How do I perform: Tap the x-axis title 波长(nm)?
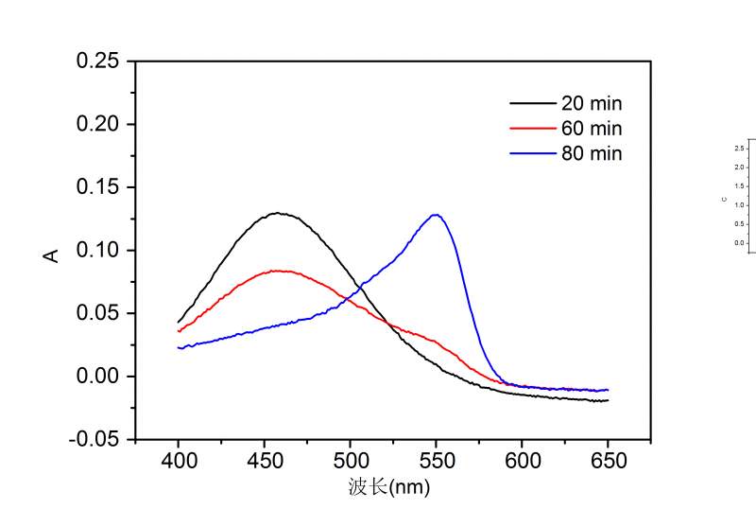click(x=390, y=488)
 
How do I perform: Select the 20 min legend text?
click(x=592, y=103)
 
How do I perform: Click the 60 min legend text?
click(x=592, y=128)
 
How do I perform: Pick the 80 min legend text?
click(x=592, y=153)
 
